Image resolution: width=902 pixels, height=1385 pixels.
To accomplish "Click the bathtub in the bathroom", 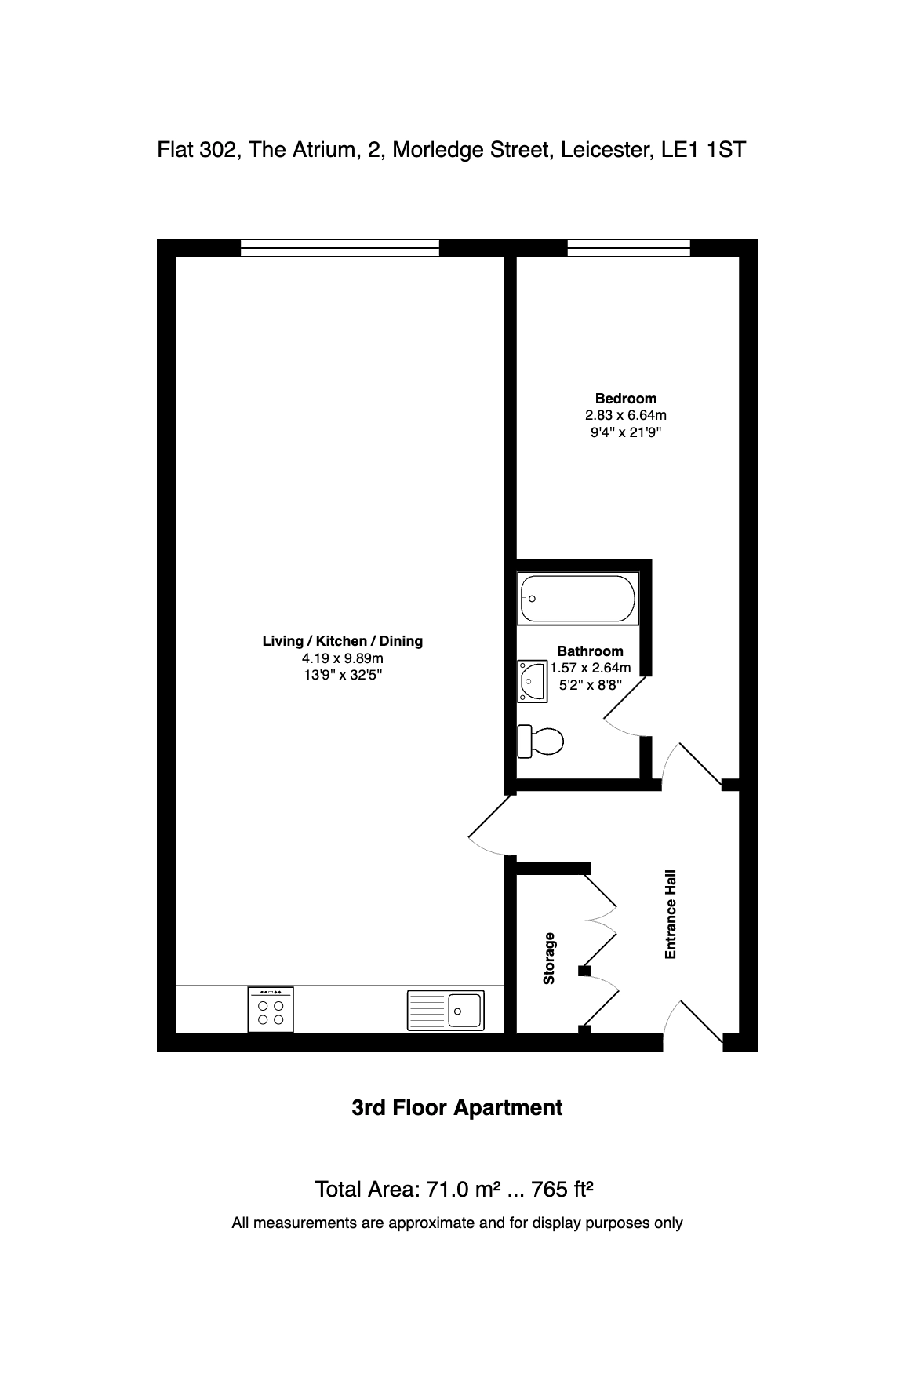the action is (578, 598).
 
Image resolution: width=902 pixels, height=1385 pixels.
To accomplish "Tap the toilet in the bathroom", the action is (540, 741).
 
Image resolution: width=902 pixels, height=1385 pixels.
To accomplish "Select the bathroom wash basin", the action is (532, 680).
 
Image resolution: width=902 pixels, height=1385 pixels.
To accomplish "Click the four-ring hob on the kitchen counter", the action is (271, 1010).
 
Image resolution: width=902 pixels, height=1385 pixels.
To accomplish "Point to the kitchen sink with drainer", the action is (446, 1010).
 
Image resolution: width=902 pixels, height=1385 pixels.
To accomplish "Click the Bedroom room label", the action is (626, 399).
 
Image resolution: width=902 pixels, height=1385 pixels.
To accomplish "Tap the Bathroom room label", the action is (590, 651).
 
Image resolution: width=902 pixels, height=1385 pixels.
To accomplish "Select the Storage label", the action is (549, 958).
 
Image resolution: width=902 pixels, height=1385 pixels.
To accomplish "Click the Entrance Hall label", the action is (671, 914).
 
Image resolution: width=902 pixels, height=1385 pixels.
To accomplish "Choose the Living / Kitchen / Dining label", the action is (342, 641).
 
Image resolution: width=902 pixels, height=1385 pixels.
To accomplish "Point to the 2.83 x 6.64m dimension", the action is (626, 415).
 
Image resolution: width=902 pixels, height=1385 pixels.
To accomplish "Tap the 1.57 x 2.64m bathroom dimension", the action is (590, 668).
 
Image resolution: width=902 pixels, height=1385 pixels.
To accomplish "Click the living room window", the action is (340, 248).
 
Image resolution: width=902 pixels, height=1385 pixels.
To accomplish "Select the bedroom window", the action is (628, 248).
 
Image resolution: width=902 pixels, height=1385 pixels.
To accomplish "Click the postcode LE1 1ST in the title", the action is (703, 149).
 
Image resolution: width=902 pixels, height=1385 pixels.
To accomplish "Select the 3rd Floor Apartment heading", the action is (457, 1108).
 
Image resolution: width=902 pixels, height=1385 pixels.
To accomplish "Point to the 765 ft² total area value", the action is (562, 1190).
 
